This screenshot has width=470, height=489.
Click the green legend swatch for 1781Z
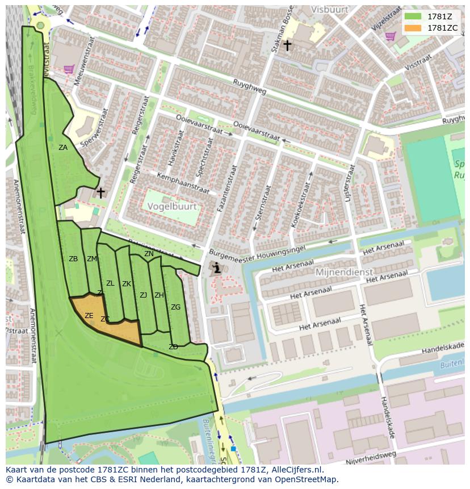(x=413, y=16)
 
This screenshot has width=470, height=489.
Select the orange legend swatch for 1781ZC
(x=413, y=28)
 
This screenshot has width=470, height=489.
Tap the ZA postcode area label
(x=63, y=148)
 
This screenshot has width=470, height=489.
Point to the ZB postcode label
(x=73, y=259)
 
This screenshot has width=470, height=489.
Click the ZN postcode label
(x=149, y=254)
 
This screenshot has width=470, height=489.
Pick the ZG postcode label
(x=175, y=307)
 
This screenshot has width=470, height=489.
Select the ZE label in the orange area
(x=89, y=316)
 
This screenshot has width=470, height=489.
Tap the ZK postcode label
(x=127, y=284)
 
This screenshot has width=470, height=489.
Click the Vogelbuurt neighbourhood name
(x=173, y=207)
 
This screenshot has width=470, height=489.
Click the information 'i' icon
(x=216, y=268)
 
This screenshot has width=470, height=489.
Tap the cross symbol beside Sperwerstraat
(x=100, y=193)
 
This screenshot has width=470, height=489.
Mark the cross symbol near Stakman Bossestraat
(x=287, y=45)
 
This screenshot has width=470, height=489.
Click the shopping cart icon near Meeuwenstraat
(x=69, y=69)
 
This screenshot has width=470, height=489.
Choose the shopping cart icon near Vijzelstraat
(x=390, y=36)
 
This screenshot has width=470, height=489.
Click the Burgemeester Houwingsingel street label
(x=257, y=250)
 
